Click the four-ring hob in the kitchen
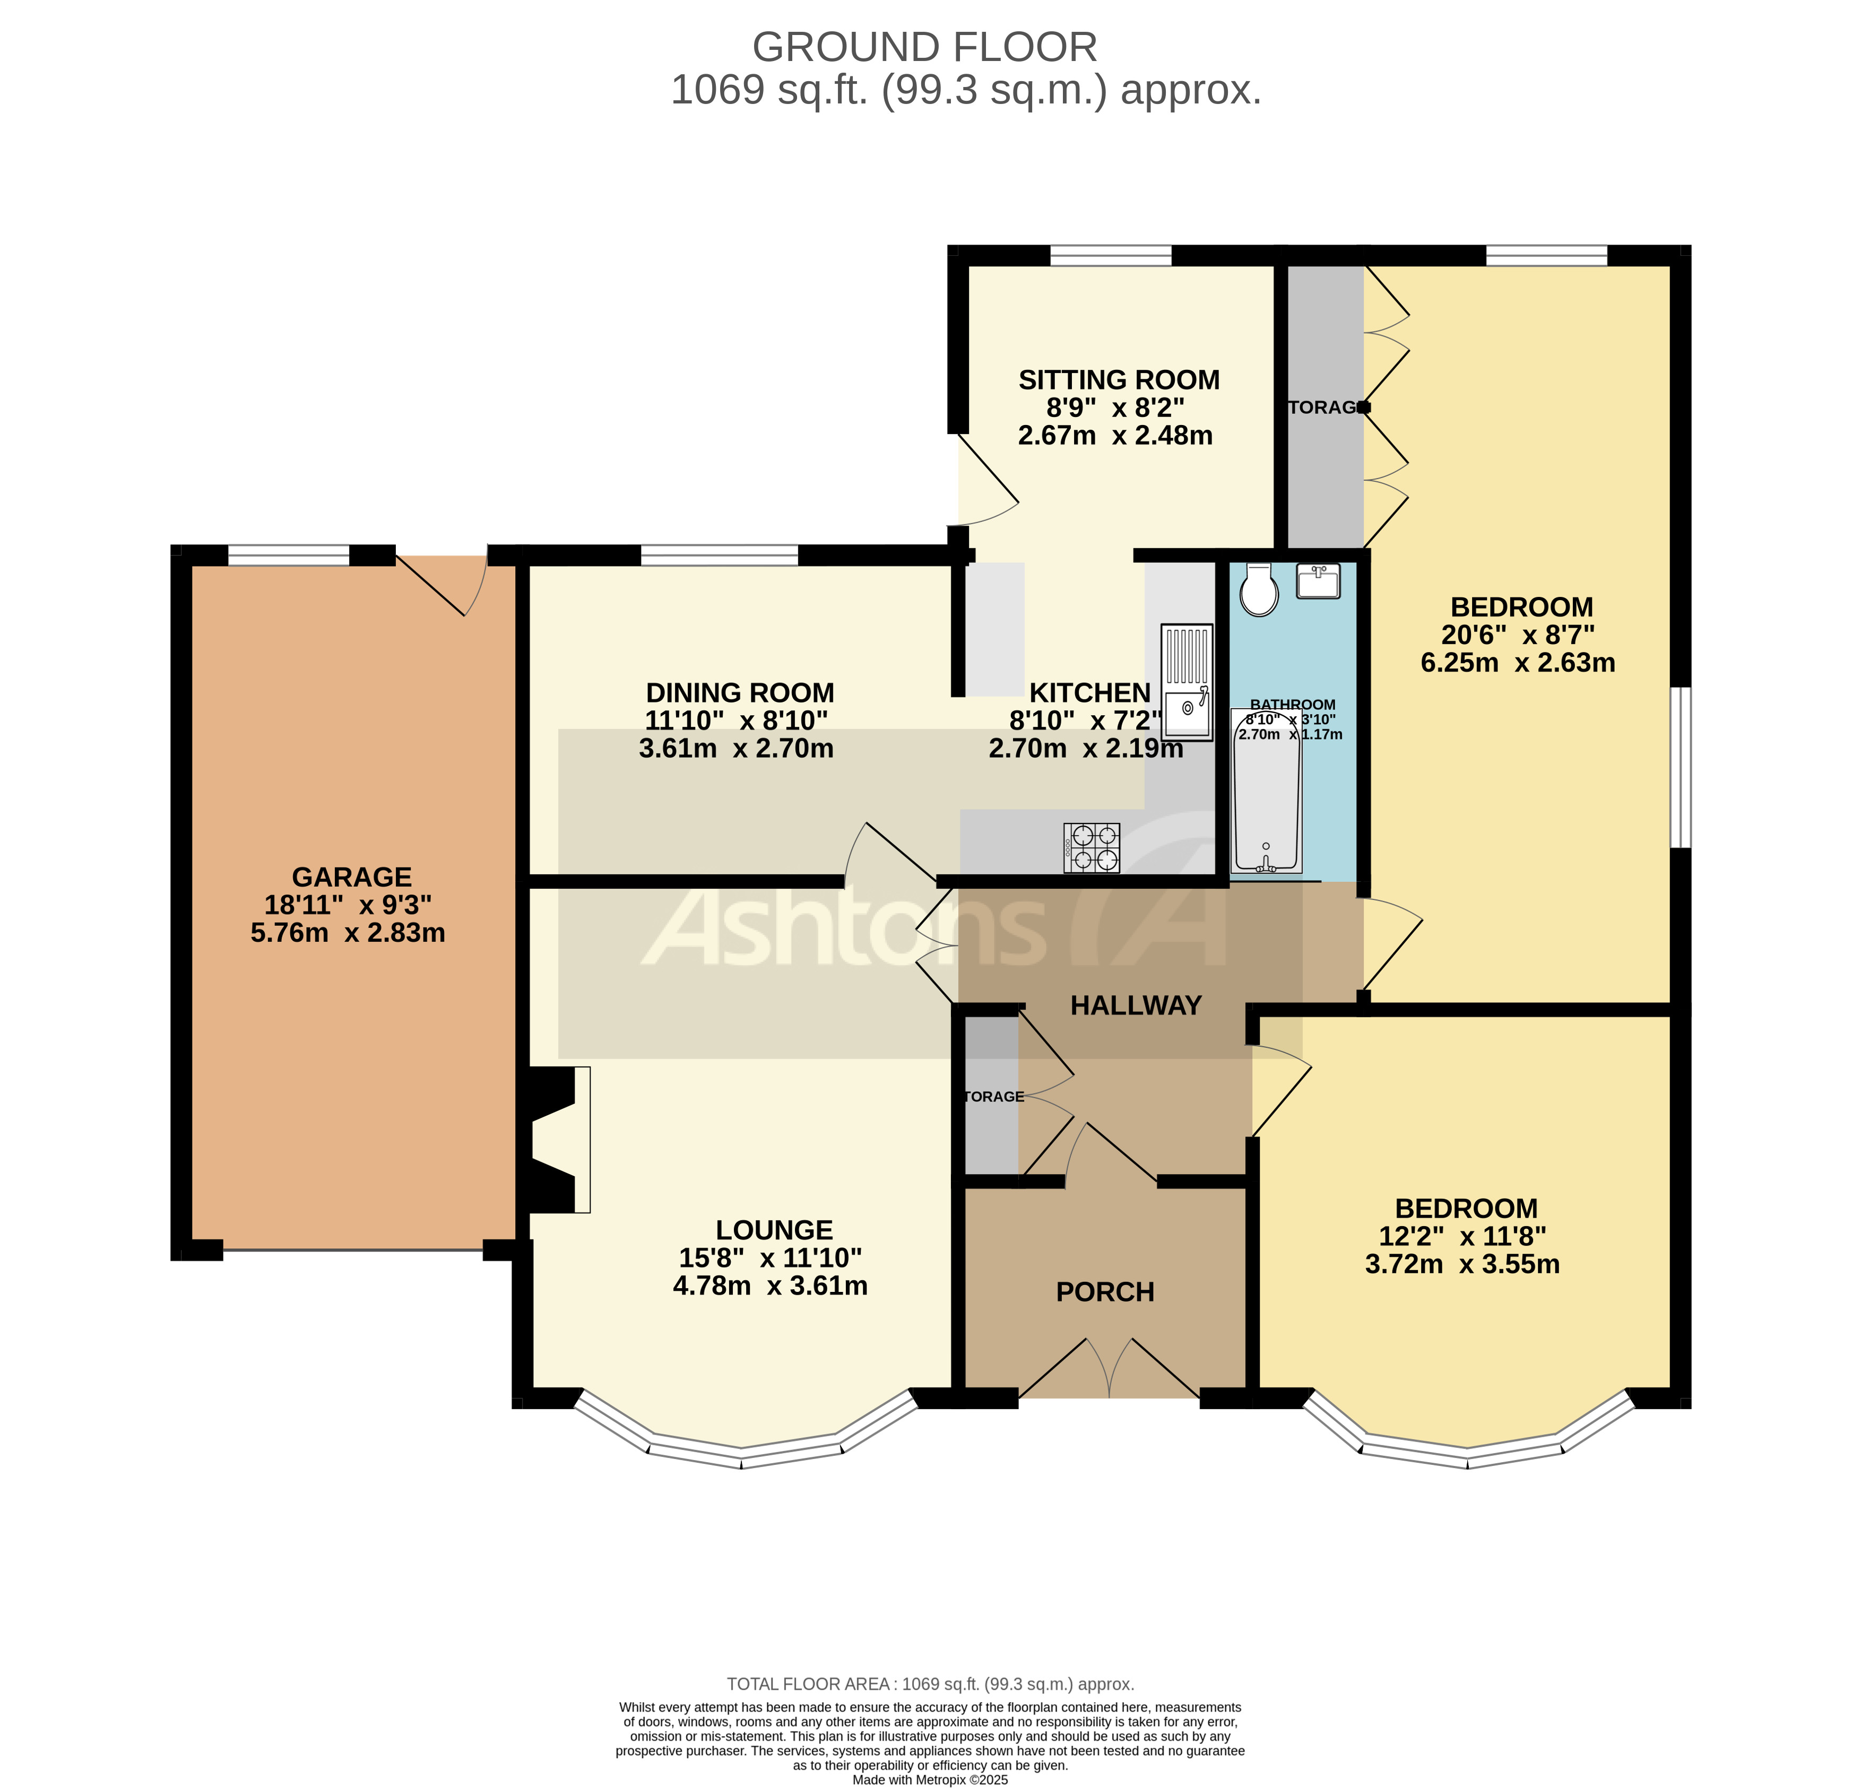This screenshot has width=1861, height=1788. click(1092, 848)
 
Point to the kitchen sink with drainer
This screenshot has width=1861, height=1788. click(1187, 682)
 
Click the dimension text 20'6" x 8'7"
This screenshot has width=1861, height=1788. click(1517, 635)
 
